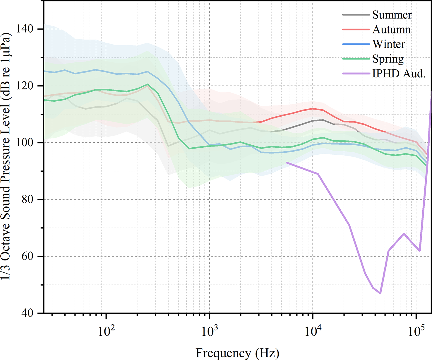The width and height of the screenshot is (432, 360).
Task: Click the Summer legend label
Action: point(392,15)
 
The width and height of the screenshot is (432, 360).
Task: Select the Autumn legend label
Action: point(391,30)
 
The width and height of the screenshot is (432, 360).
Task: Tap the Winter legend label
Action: point(389,44)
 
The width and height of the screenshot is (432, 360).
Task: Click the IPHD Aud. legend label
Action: point(399,74)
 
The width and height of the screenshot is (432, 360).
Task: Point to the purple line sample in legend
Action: point(356,74)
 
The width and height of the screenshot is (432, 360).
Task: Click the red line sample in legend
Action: point(356,30)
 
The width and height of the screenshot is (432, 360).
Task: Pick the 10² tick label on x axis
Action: point(106,331)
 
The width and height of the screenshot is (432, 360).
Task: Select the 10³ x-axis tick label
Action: point(209,331)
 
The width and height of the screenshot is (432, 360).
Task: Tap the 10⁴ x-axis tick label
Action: point(313,331)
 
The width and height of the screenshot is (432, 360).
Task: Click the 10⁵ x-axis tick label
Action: point(416,331)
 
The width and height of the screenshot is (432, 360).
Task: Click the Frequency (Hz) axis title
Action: point(237,353)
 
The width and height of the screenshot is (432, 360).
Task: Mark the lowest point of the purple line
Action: point(380,293)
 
